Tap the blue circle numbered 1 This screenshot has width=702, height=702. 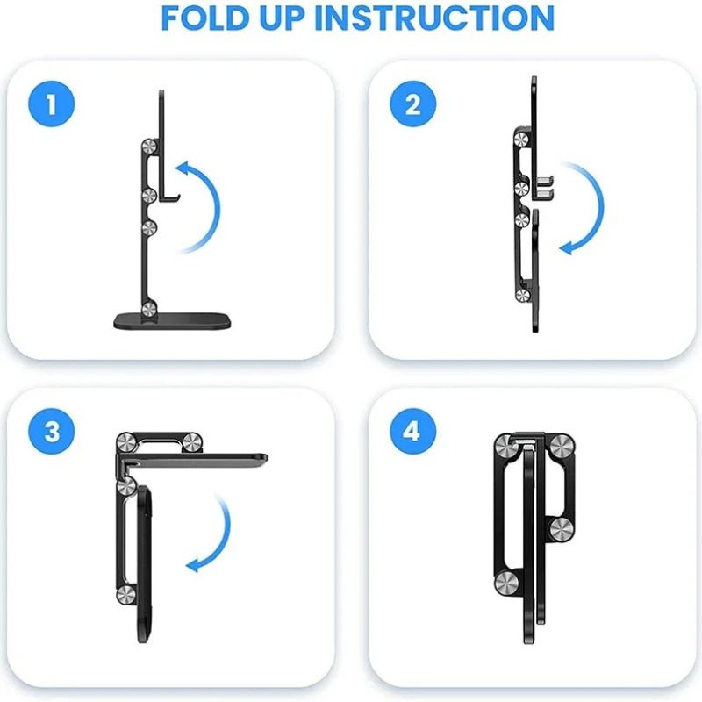point(52,105)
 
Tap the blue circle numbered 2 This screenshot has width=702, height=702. point(412,105)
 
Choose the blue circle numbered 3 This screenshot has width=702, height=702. point(52,432)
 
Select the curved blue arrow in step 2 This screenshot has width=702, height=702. point(586,208)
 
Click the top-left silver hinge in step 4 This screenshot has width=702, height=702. point(504,444)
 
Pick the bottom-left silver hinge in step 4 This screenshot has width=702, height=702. point(504,583)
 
